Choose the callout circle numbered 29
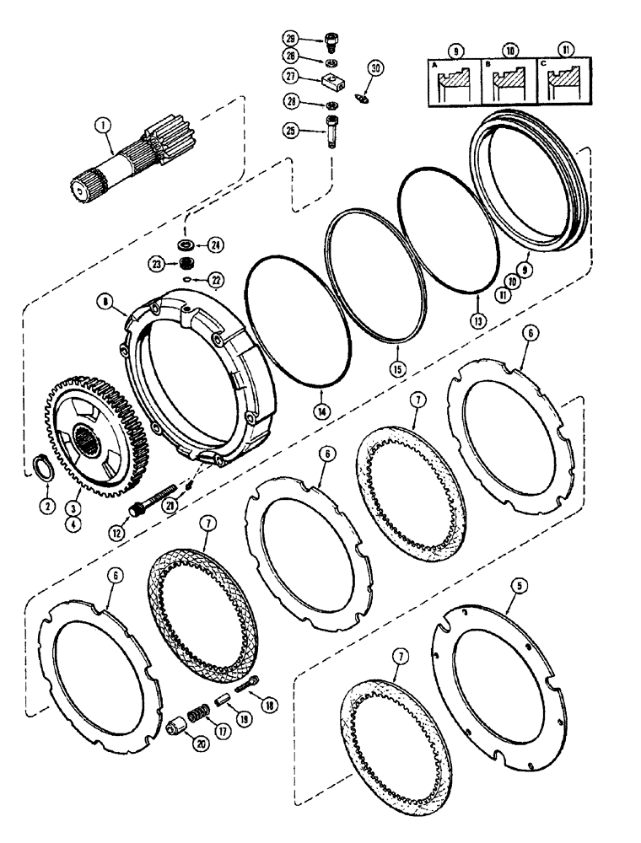click(x=291, y=40)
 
